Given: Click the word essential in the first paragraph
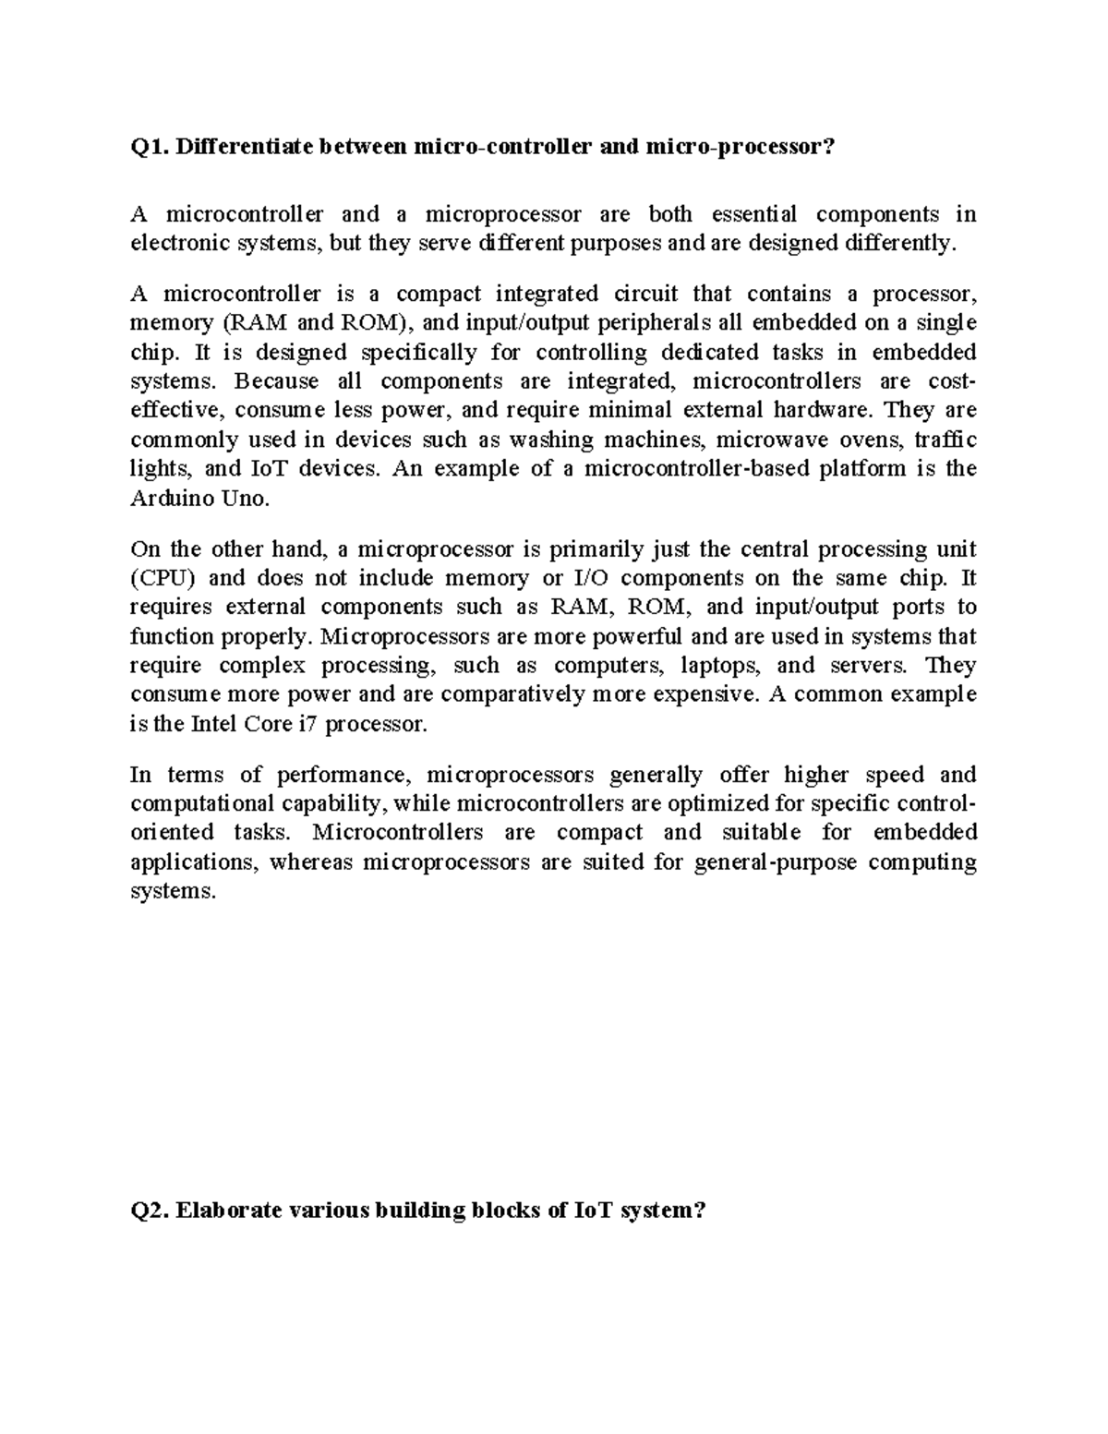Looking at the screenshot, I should [x=753, y=215].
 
